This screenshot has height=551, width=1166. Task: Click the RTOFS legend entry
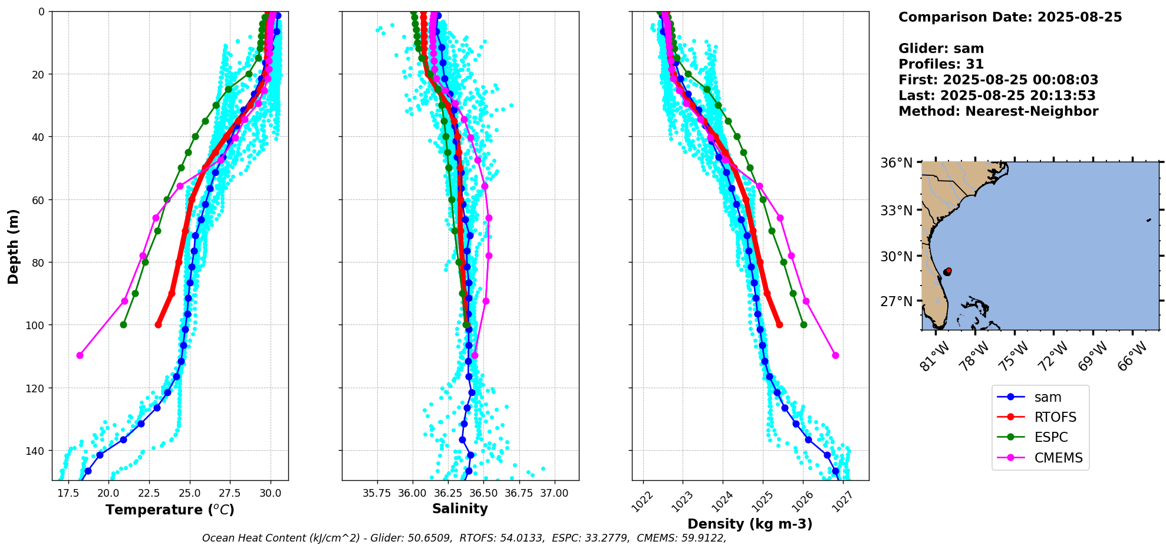(1055, 417)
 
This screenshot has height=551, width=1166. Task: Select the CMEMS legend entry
(1058, 458)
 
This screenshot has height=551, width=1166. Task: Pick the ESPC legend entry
(1050, 437)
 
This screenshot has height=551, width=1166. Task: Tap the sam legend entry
(1048, 397)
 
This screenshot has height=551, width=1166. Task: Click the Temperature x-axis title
(170, 510)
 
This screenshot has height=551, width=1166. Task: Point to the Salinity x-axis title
(460, 509)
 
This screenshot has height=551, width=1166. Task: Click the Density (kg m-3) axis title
(750, 524)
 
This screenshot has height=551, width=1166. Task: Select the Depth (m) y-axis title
(13, 246)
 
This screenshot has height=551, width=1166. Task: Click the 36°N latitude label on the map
(896, 163)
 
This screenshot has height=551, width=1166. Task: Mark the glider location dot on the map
(947, 271)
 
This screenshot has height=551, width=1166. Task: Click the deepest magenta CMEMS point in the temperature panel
(80, 355)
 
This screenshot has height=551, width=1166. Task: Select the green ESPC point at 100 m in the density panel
(803, 324)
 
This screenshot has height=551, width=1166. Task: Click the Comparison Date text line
(1010, 17)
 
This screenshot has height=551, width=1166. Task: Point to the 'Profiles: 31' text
(941, 64)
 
